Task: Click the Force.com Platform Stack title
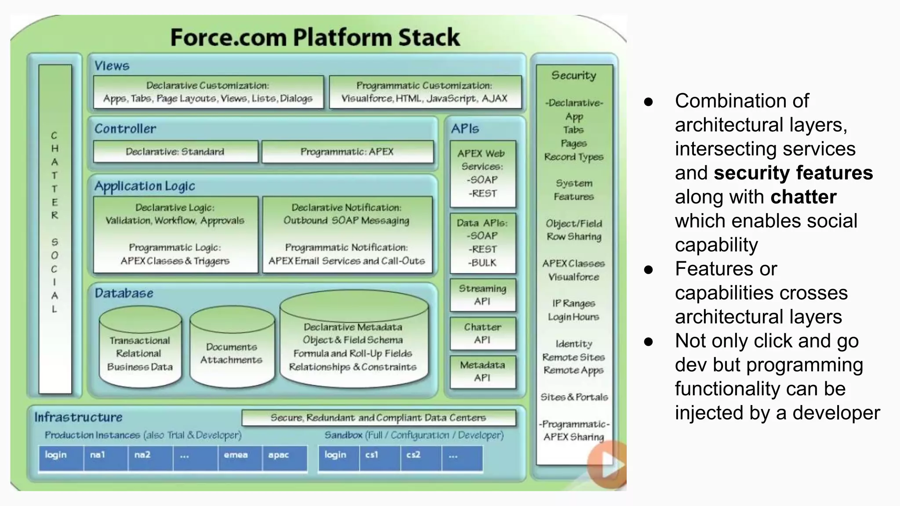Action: (315, 37)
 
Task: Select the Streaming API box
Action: (483, 295)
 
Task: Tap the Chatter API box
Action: (483, 333)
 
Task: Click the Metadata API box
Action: (483, 372)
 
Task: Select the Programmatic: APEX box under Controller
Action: (347, 152)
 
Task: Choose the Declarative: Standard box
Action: (175, 152)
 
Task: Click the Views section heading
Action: (112, 66)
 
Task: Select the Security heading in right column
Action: (573, 76)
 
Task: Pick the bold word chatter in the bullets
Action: (803, 197)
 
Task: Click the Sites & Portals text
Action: (574, 397)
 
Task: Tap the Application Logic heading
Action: (145, 186)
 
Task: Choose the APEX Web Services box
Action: (483, 173)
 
